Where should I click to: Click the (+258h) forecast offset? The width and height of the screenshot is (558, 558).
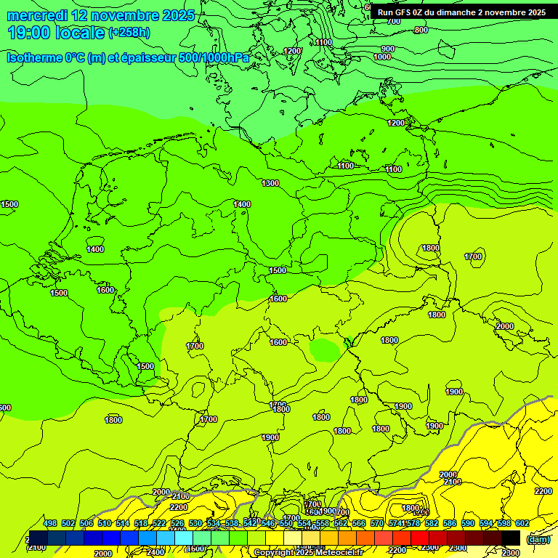click(129, 33)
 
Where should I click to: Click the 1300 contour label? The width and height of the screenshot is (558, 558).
click(270, 183)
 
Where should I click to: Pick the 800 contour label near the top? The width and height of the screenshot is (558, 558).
click(421, 30)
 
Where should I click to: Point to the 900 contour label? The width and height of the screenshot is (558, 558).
click(387, 49)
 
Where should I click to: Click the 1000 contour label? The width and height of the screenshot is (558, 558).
click(382, 57)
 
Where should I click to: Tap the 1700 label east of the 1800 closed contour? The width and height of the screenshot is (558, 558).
click(473, 256)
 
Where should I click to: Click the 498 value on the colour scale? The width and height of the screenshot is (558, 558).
click(50, 523)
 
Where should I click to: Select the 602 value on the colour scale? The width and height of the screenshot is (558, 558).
click(522, 523)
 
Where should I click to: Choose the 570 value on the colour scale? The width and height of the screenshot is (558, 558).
click(376, 523)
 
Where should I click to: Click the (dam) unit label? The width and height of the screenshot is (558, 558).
click(537, 538)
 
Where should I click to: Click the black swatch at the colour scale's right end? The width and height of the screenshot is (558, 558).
click(511, 538)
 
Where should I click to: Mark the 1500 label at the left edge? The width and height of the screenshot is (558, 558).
click(9, 204)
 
